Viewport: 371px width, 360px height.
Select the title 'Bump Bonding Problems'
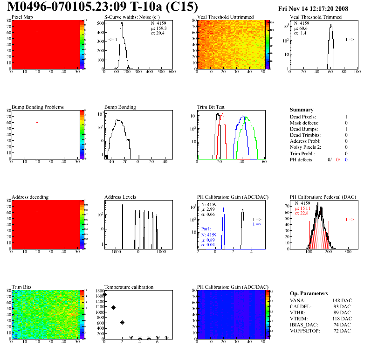[x=38, y=107]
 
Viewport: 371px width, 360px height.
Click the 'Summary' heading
[x=302, y=110]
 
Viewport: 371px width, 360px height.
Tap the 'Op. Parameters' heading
[x=309, y=293]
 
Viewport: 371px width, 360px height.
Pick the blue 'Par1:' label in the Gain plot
[x=206, y=229]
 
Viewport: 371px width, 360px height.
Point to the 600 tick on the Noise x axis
[x=172, y=72]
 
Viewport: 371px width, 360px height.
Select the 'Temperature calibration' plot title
[x=129, y=287]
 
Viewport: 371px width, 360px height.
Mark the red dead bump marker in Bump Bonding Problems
[x=36, y=122]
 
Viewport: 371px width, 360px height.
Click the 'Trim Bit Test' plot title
[x=211, y=107]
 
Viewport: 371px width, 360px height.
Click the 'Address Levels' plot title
[x=120, y=197]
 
